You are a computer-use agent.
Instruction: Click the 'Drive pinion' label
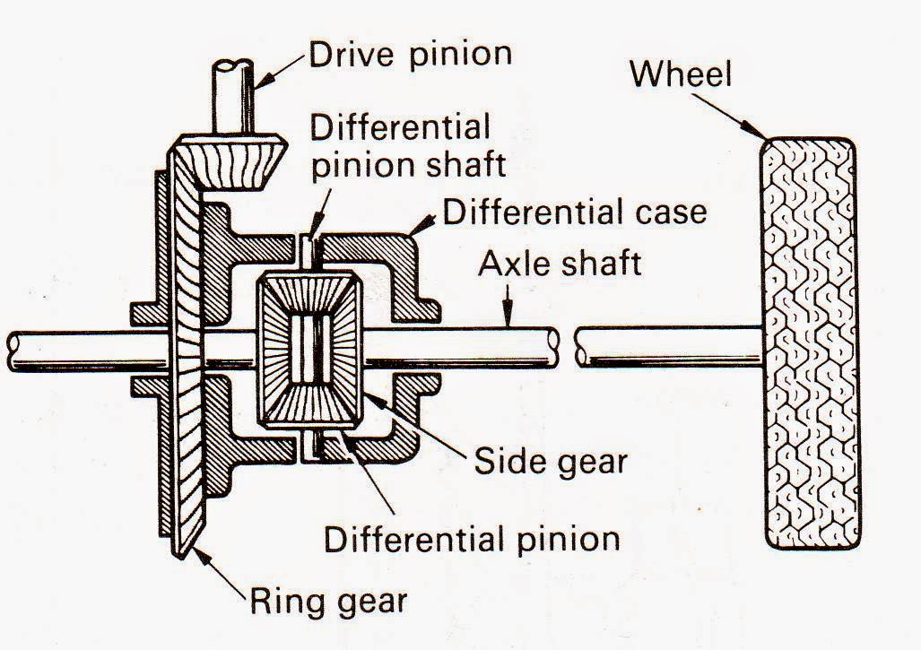[411, 54]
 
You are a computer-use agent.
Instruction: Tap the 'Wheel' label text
[681, 74]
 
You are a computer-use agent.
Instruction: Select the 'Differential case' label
[575, 212]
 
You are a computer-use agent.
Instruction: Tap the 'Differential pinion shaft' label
[400, 144]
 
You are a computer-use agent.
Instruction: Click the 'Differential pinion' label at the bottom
[472, 539]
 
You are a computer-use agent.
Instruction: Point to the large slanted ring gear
[187, 359]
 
